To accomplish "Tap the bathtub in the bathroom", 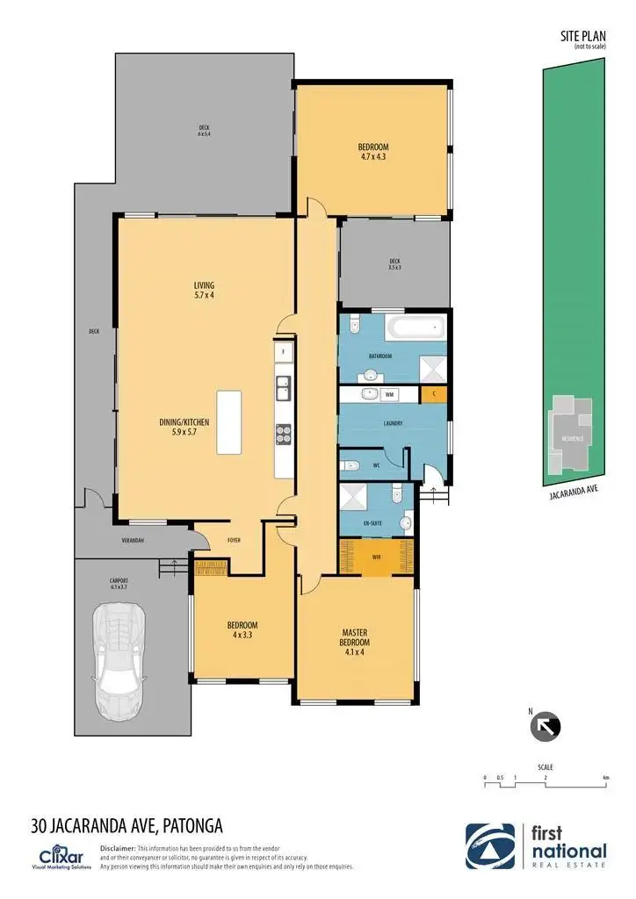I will (418, 331).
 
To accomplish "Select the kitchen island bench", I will (228, 421).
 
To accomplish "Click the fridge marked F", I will (283, 352).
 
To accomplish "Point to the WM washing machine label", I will (387, 395).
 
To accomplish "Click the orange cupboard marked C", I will (434, 396).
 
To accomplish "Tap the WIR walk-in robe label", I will (376, 557).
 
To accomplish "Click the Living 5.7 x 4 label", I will (204, 291).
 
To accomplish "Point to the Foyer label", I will (234, 541).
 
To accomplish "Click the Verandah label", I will (132, 541).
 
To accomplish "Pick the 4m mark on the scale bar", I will (606, 778).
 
